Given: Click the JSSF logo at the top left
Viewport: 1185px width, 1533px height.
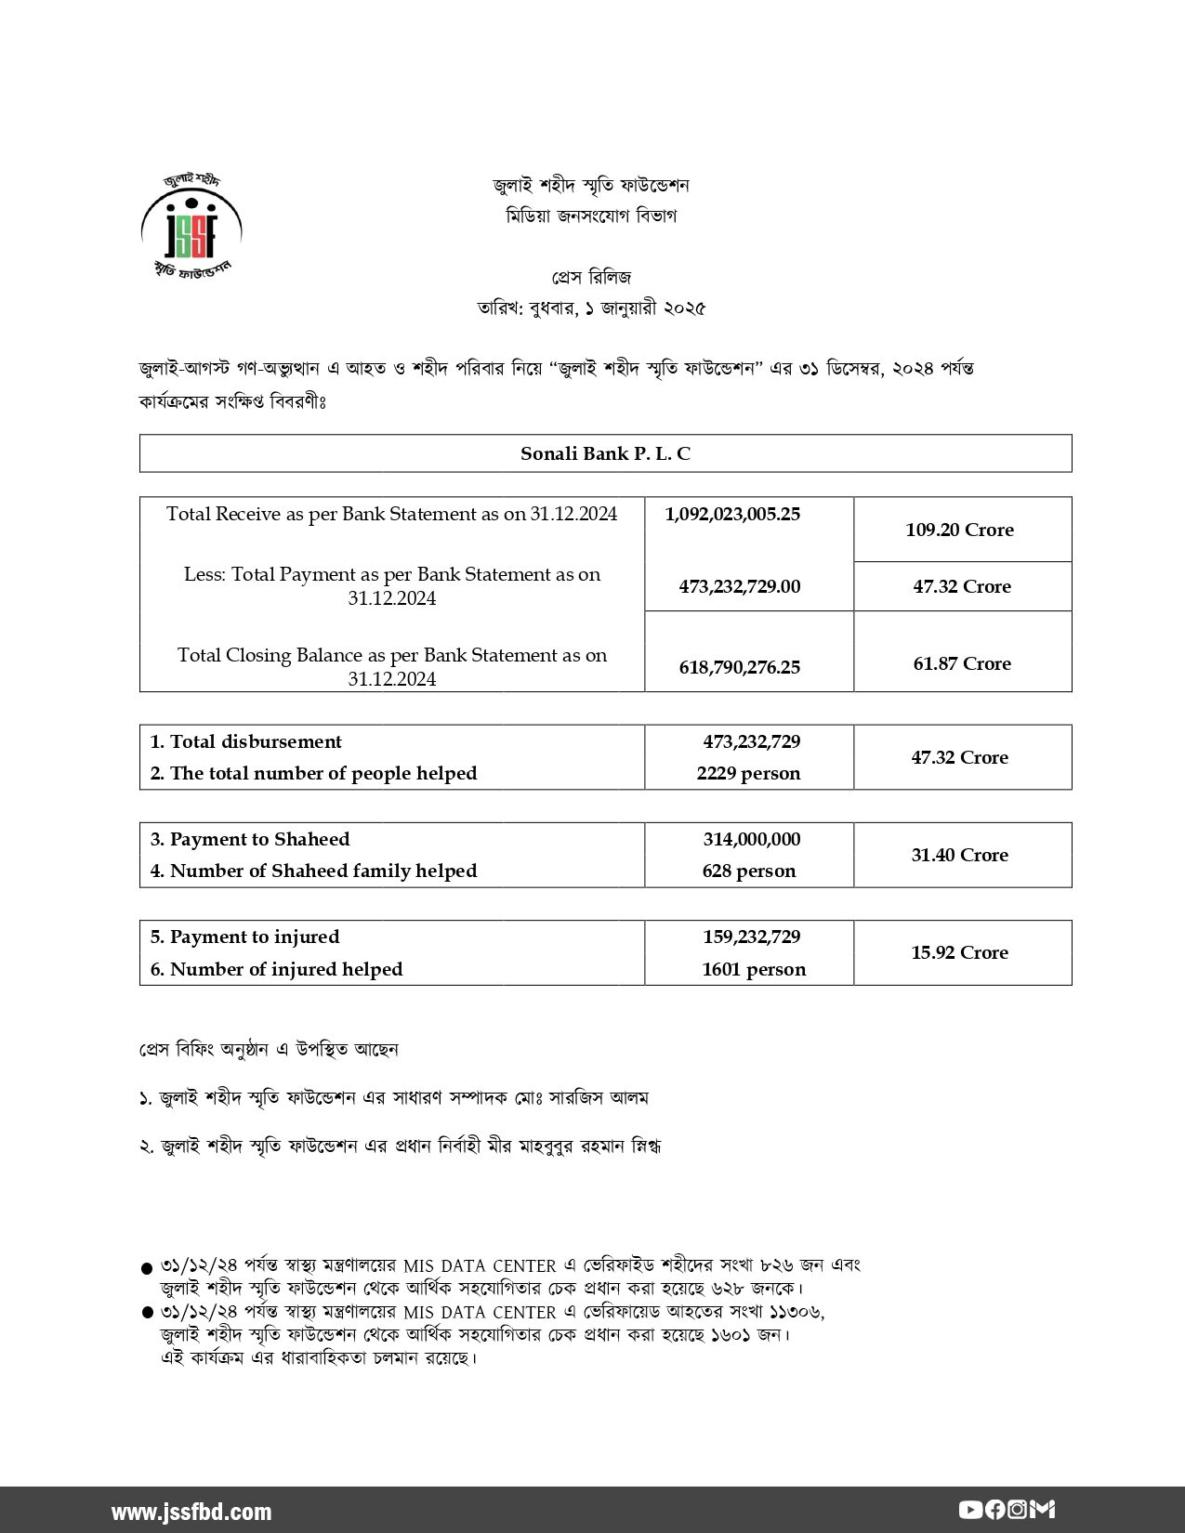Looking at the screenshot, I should [191, 224].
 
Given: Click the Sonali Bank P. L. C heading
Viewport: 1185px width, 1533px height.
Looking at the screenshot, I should [605, 453].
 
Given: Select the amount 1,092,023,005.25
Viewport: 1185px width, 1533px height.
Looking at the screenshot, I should [732, 514].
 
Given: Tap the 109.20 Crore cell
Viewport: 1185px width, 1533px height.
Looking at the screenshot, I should [959, 530].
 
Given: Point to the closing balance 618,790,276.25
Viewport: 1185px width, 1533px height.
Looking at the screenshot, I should [732, 667].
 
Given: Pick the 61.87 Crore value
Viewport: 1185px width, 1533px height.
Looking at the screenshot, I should [961, 663].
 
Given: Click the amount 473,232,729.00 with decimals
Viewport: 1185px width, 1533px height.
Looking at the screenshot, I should [740, 586].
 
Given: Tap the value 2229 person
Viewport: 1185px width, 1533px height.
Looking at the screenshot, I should [748, 773].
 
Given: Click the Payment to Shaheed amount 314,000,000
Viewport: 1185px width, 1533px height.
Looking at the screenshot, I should [751, 839].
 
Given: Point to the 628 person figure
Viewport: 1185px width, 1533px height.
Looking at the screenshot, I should [749, 871].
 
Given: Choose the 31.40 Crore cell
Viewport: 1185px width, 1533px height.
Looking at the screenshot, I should [959, 855].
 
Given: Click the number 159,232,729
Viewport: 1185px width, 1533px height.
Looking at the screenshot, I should [751, 937].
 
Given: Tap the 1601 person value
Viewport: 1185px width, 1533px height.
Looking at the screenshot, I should [754, 969].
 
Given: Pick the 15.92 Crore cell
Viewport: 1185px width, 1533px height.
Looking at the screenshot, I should [959, 952].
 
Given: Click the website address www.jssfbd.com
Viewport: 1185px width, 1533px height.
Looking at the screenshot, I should [191, 1512].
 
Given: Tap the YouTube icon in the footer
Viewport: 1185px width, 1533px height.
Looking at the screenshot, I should [969, 1510].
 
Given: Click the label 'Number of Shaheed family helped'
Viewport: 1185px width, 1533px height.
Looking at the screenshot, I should [314, 871].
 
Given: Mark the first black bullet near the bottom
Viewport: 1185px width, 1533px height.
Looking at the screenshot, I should [146, 1267].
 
